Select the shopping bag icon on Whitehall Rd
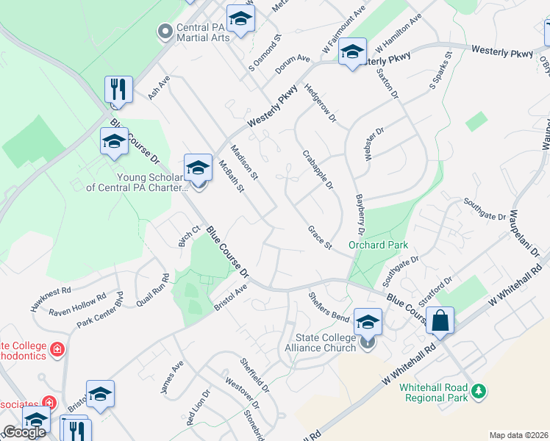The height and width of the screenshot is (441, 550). [440, 320]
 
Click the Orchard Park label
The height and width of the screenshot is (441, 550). [378, 245]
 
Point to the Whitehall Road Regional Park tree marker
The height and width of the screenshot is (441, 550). [479, 390]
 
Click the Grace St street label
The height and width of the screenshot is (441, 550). [321, 237]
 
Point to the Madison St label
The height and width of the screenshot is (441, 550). [244, 162]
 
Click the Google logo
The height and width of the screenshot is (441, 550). [24, 432]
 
